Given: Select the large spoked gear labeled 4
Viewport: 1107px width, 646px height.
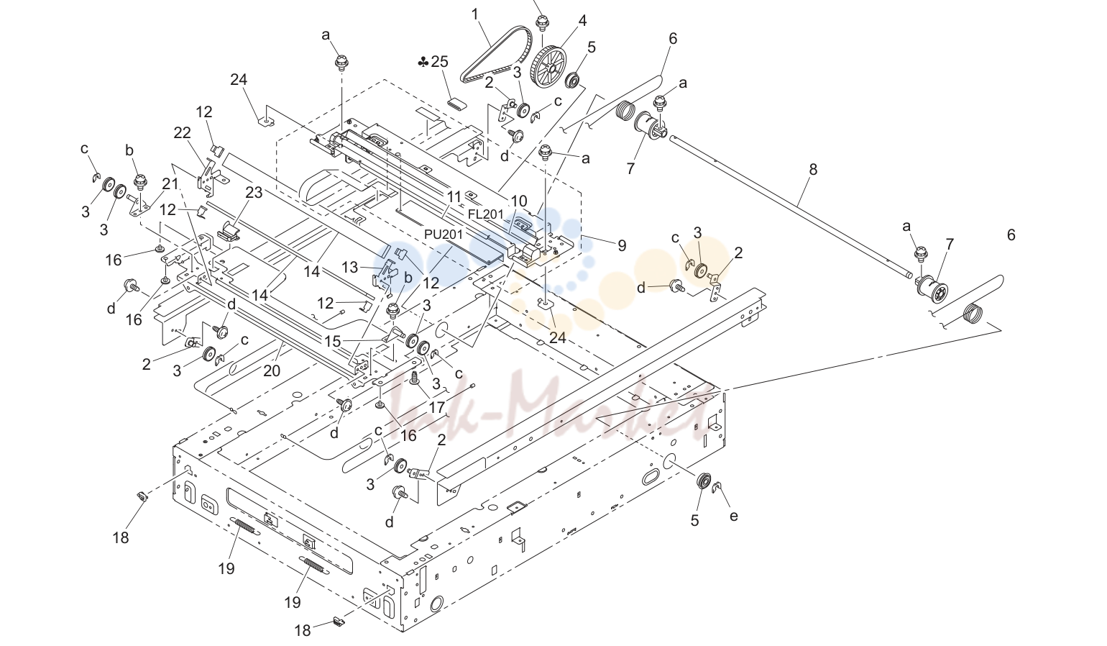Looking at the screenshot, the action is click(548, 68).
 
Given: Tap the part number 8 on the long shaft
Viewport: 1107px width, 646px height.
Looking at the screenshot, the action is click(813, 170).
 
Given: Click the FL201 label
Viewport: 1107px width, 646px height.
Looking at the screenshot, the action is click(486, 214).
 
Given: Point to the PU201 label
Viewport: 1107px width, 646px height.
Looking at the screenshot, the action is click(444, 234).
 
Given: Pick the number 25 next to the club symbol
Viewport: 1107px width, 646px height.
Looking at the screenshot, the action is click(439, 62).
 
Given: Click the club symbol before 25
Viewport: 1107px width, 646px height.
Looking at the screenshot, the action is click(423, 63).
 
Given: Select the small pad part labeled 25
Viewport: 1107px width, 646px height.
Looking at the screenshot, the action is click(457, 103).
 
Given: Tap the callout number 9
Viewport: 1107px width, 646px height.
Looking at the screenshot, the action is click(622, 245).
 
